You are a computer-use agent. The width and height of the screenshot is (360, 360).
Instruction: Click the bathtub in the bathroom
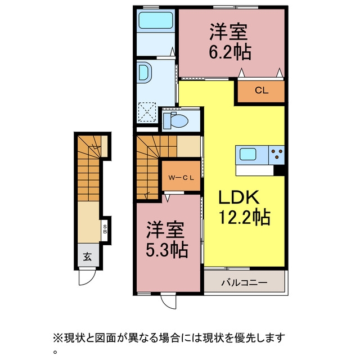pos(155,20)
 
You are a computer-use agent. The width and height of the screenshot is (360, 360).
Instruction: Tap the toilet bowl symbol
pos(176,120)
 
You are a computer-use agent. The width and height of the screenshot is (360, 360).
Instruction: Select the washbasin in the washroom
pos(144,71)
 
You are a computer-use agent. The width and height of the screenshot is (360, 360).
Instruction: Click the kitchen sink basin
pos(247,154)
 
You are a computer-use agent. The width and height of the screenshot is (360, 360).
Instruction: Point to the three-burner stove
pos(277,154)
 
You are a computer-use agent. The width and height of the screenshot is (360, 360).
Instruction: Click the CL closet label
pos(261,90)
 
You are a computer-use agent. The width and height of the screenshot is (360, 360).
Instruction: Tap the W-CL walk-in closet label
pos(181,177)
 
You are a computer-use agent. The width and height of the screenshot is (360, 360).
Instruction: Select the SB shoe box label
pos(105,229)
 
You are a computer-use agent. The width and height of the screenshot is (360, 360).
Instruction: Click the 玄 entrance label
pos(87,256)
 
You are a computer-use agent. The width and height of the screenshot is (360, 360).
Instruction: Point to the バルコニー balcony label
pos(244,282)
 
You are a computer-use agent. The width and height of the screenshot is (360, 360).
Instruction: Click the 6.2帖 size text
pos(230,52)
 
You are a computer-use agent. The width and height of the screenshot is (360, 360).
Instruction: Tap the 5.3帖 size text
pos(167,250)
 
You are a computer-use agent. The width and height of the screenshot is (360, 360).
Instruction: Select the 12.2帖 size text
pos(244,217)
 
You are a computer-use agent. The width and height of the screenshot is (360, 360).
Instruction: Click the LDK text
pos(239,197)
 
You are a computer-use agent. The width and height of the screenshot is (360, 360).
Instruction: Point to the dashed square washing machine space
pos(147,112)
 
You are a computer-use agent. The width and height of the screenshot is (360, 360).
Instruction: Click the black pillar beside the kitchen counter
pos(279,170)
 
